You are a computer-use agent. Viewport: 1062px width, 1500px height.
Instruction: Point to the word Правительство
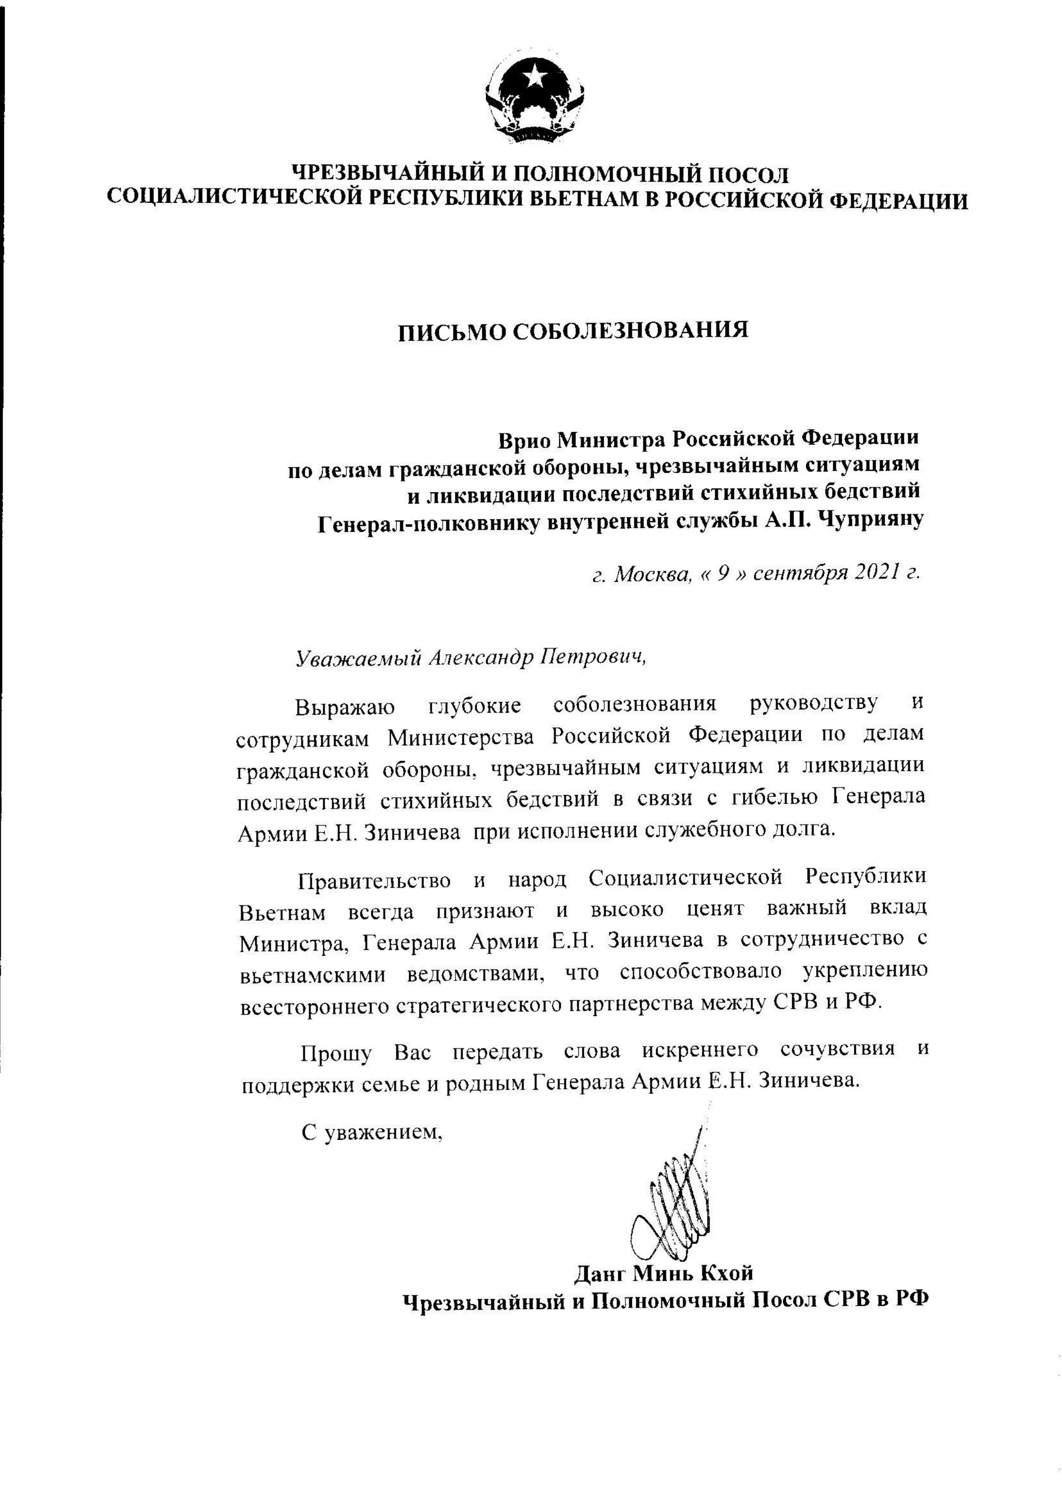374,881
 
